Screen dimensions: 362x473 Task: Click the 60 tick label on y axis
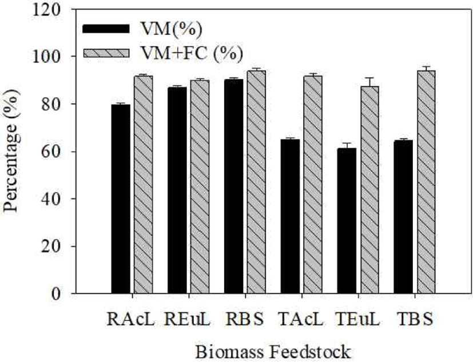[54, 152]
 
